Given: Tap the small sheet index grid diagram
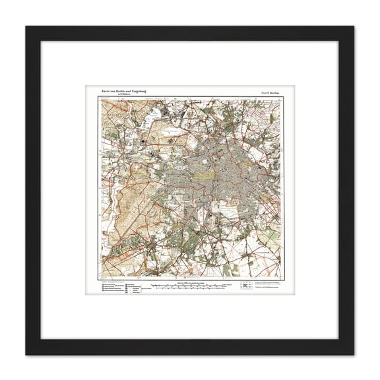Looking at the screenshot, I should pyautogui.click(x=245, y=266).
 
